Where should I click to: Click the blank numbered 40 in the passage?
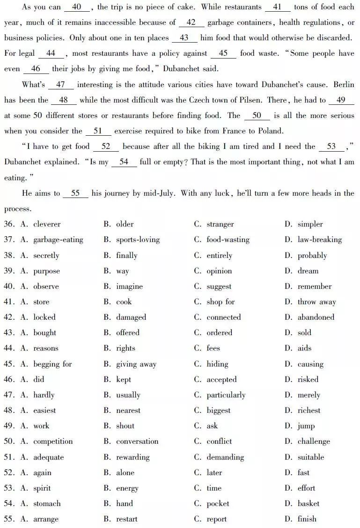click(77, 7)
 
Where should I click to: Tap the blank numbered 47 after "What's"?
click(60, 85)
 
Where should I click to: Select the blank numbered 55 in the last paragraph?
click(75, 193)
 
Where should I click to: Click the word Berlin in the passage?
click(344, 85)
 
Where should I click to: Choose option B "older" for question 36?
click(125, 224)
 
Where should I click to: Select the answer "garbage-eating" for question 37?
click(58, 240)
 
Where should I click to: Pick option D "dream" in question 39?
click(308, 271)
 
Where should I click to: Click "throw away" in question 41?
click(316, 302)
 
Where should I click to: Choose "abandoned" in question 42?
click(316, 317)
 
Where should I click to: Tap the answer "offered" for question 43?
click(128, 333)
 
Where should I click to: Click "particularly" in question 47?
click(226, 395)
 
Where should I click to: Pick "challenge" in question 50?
click(313, 441)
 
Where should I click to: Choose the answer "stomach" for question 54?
click(47, 504)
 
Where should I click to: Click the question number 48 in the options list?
click(9, 411)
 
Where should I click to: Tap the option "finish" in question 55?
click(307, 519)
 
